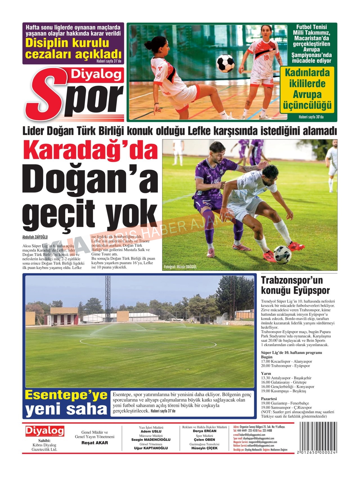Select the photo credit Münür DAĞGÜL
[180, 267]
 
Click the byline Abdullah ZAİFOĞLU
[35, 237]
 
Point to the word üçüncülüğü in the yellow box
[307, 106]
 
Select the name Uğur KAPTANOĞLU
[151, 448]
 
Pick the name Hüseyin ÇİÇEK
[204, 448]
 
